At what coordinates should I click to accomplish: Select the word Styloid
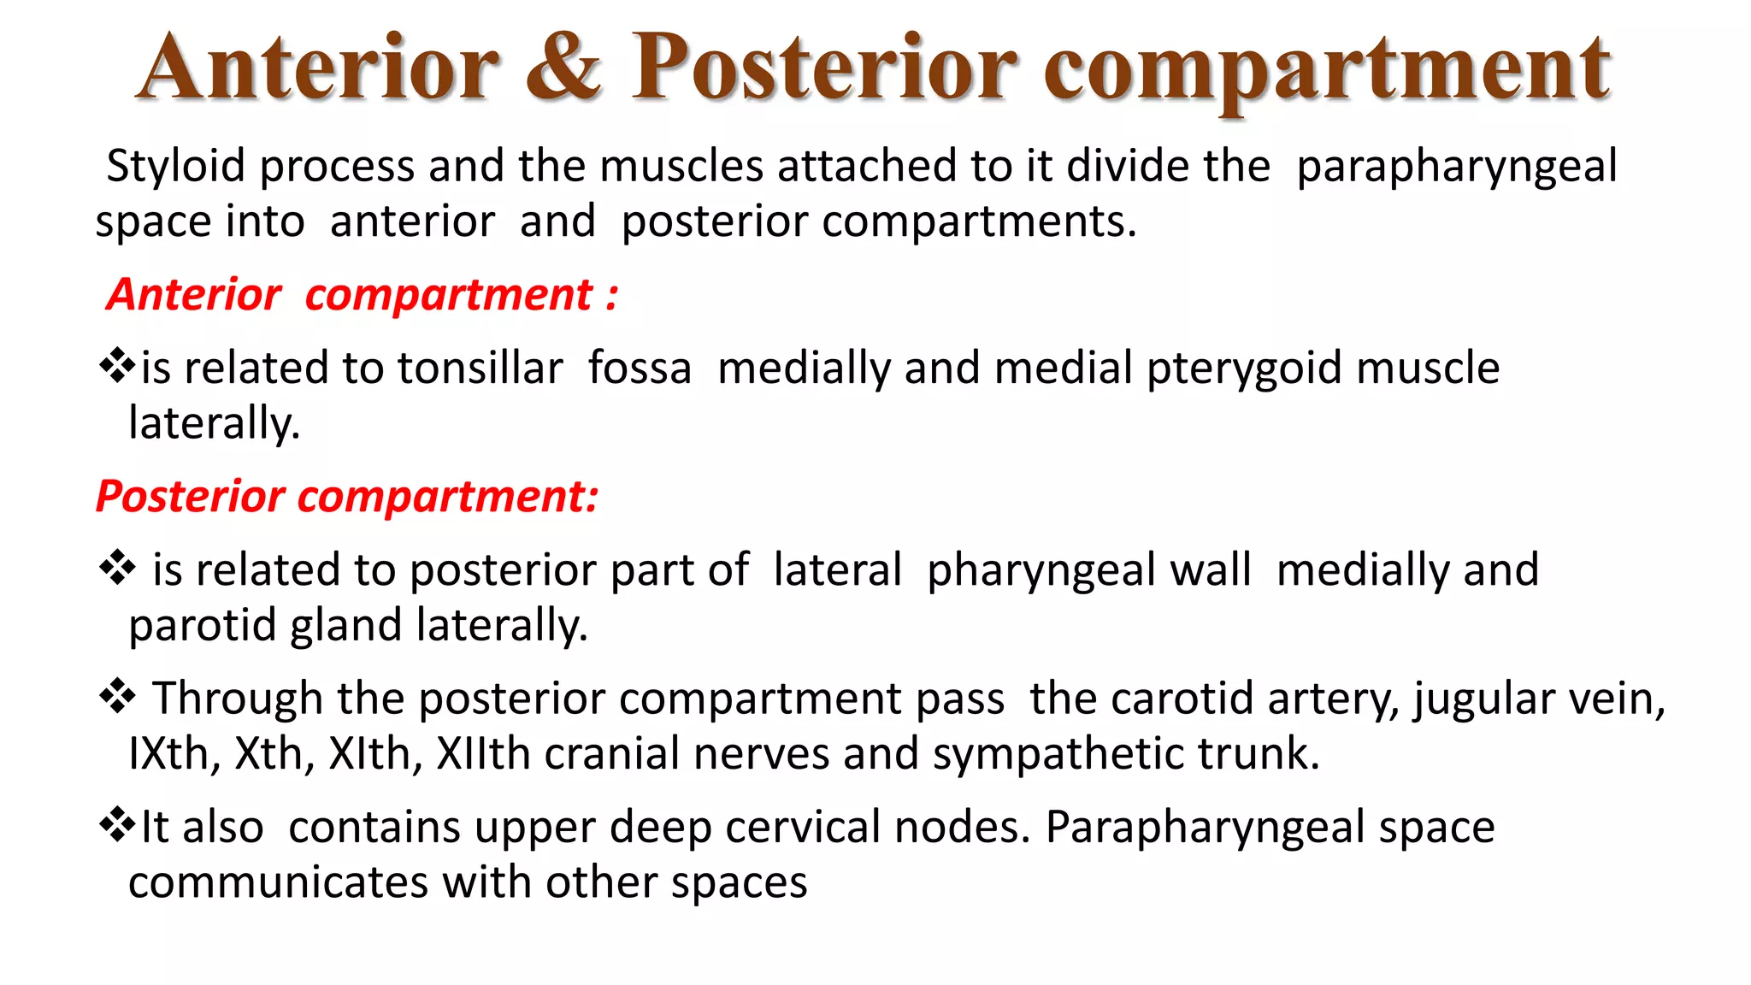pos(175,166)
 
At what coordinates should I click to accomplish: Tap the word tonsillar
pos(480,369)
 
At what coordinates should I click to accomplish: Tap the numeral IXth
pos(174,754)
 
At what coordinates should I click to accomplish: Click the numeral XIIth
pos(484,754)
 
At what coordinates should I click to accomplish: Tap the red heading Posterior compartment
pos(347,496)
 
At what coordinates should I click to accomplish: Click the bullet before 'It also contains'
pos(117,825)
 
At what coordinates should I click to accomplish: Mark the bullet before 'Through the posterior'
pos(117,697)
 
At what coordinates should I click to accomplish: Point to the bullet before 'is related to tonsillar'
pos(117,367)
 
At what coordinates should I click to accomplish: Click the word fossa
pos(640,369)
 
